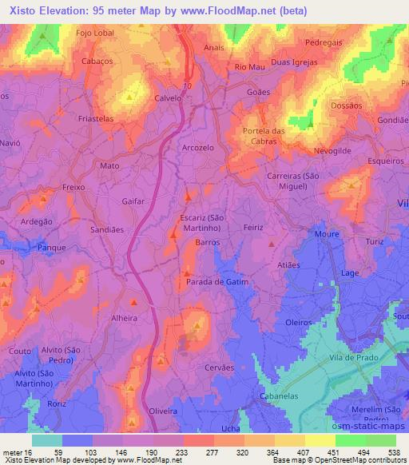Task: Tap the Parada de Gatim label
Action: click(217, 282)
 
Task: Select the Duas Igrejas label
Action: click(294, 62)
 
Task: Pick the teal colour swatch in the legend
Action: click(47, 440)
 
